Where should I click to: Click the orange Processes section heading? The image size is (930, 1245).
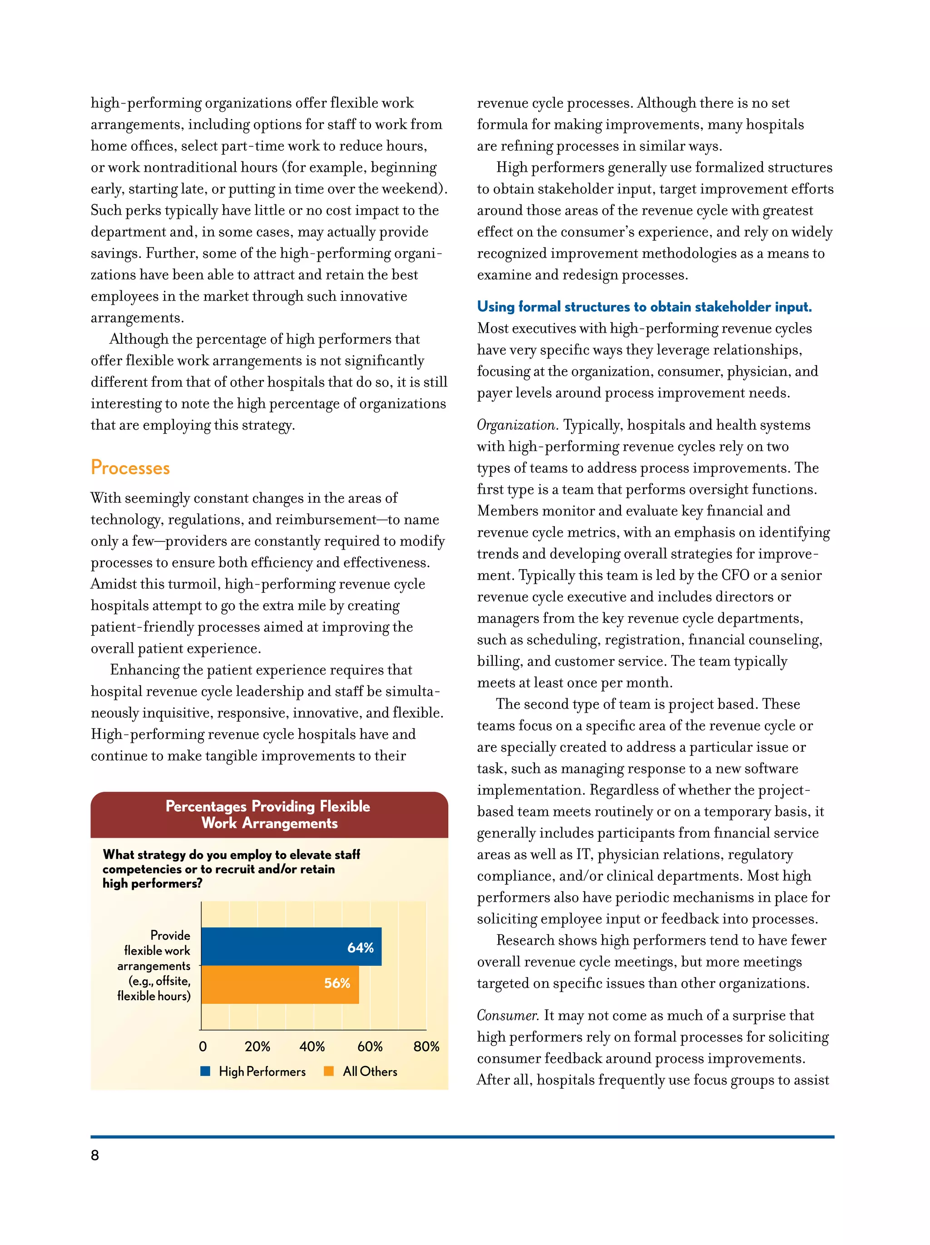[130, 468]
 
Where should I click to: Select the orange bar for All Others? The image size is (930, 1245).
[280, 984]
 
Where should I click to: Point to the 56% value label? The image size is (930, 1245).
[337, 983]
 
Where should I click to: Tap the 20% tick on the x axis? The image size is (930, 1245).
[257, 1047]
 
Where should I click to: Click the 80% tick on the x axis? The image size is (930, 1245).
[426, 1047]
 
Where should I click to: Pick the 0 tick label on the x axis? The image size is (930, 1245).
[203, 1047]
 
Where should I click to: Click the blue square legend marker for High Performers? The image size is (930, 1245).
[205, 1071]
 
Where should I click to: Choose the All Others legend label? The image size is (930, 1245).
[370, 1071]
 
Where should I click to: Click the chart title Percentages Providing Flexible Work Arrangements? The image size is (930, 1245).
[268, 814]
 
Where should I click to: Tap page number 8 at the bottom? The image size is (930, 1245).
[94, 1155]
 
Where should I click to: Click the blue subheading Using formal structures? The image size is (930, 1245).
[644, 307]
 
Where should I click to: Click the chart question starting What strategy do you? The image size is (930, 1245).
[231, 868]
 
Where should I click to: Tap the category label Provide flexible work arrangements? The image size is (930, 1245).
[154, 965]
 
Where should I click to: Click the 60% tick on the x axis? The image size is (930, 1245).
[370, 1047]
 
